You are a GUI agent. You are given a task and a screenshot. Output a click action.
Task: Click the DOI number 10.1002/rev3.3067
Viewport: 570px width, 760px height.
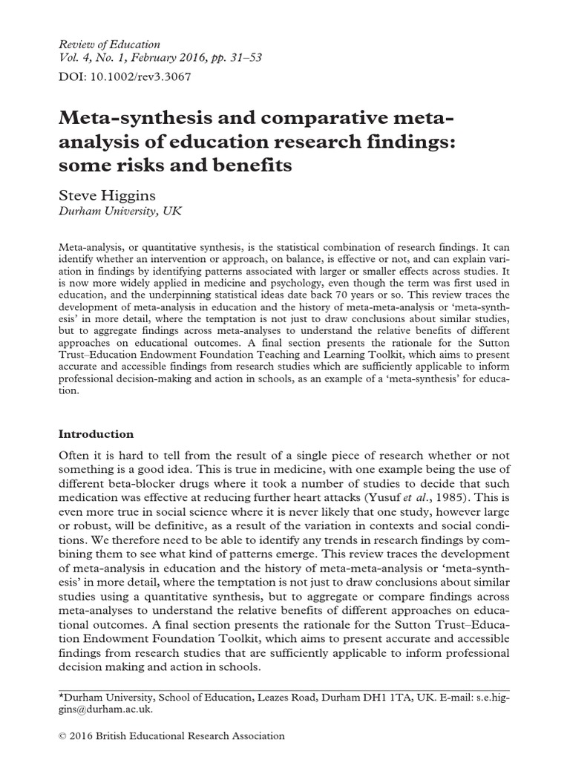[134, 76]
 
